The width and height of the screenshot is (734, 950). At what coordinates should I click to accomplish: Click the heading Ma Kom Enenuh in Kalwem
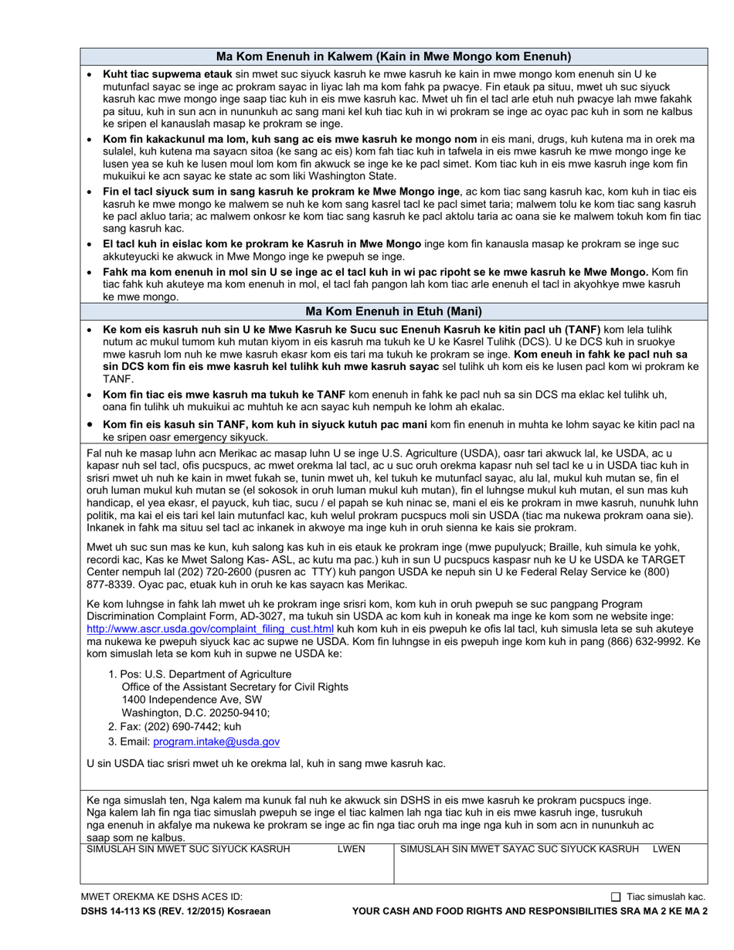[x=393, y=56]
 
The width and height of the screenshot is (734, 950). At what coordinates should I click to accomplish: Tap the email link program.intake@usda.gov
[x=216, y=741]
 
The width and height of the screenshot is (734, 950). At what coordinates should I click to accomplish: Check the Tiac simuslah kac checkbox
[x=616, y=897]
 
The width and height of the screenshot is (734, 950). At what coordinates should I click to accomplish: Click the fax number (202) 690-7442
[x=185, y=727]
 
